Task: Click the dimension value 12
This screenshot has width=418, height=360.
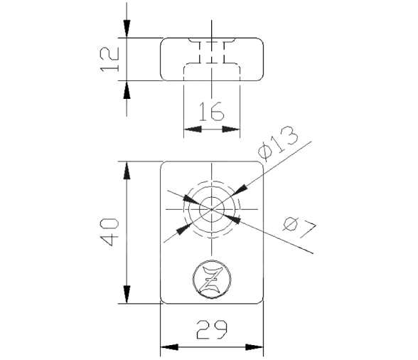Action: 109,60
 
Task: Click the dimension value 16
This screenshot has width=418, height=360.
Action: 212,111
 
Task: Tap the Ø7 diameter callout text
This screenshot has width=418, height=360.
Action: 299,227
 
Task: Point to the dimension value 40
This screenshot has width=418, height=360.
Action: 109,232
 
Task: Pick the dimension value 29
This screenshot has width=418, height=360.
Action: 212,330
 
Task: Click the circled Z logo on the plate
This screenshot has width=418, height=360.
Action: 212,279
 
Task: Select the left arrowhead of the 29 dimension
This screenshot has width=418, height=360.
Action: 169,347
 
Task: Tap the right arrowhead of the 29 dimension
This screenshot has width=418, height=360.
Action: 254,347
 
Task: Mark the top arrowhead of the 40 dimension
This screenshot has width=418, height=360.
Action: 127,170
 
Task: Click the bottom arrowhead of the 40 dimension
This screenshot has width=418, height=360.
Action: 127,295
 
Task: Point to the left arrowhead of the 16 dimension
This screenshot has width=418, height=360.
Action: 193,129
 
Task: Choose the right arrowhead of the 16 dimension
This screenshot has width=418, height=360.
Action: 231,129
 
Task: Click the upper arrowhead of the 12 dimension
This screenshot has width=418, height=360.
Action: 127,29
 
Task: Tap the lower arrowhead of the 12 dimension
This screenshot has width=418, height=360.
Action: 127,90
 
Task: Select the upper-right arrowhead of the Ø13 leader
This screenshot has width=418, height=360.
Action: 240,191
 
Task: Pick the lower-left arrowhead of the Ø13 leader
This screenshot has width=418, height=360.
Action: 184,228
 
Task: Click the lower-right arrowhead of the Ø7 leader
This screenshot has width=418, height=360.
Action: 232,219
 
